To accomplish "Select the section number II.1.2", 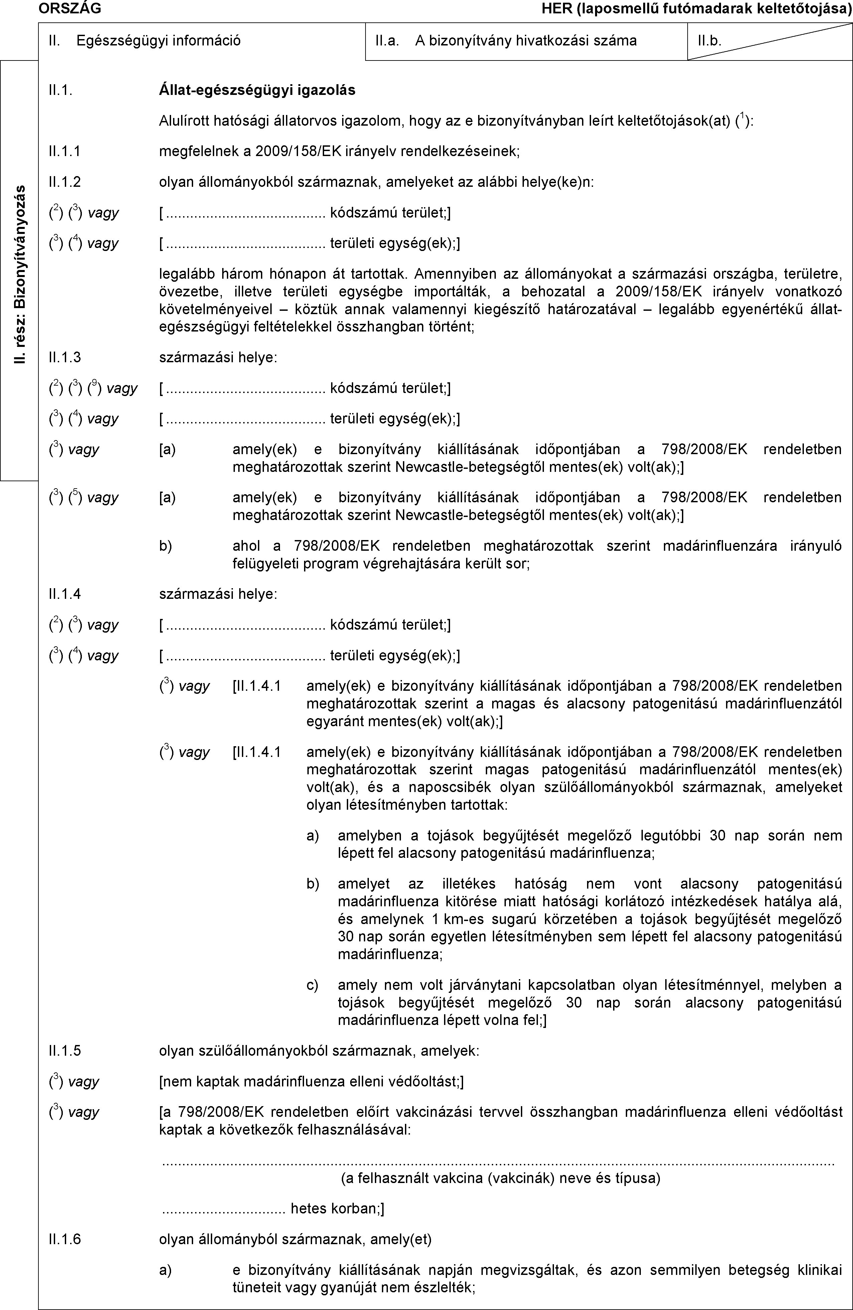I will [64, 182].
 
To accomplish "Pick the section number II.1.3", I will [64, 357].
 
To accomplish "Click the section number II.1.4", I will [64, 594].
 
